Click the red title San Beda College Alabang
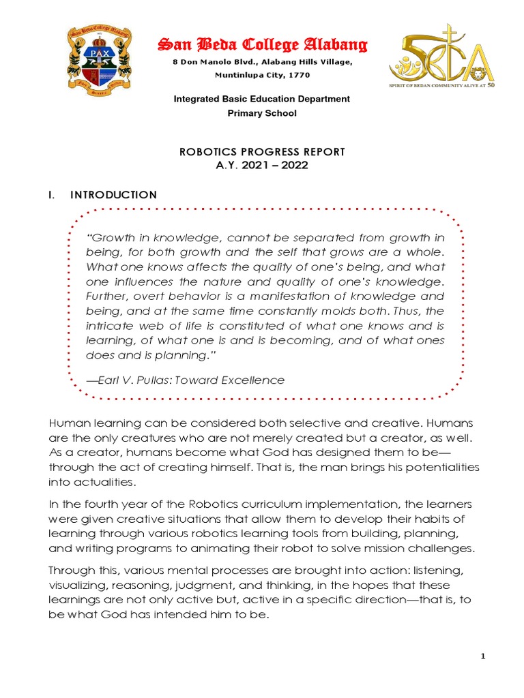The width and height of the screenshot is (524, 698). (263, 46)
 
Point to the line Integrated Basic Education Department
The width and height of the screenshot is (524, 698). (262, 99)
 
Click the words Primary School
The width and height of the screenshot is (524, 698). (262, 113)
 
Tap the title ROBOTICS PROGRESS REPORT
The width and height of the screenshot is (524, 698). (262, 151)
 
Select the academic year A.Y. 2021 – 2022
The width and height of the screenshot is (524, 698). (262, 165)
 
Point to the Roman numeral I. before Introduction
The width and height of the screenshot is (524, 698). (51, 195)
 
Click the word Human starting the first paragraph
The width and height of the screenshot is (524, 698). (66, 425)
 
